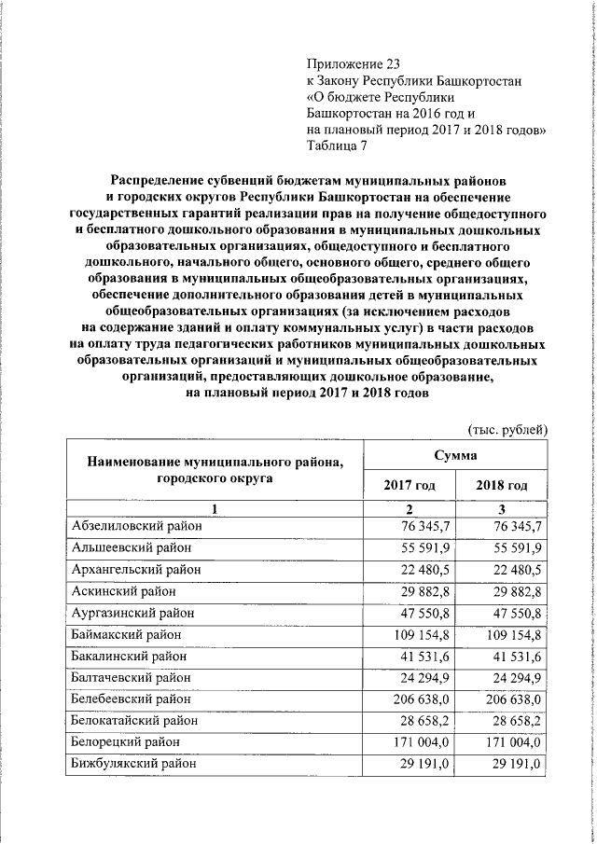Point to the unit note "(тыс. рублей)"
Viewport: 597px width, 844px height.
tap(506, 429)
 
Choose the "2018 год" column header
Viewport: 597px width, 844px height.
tap(501, 485)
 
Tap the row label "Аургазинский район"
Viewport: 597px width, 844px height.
tap(132, 613)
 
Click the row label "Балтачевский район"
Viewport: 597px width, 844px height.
tap(132, 677)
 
